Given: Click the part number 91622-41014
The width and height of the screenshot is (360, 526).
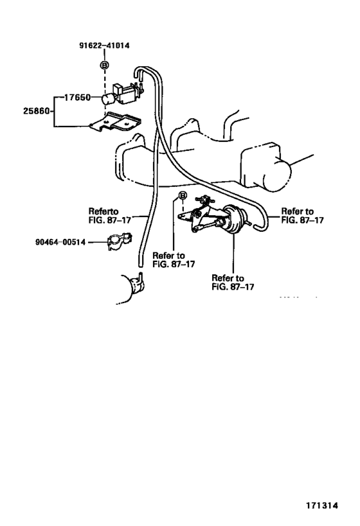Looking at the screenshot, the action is tap(104, 46).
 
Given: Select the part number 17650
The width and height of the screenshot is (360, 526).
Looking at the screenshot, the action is tap(77, 97).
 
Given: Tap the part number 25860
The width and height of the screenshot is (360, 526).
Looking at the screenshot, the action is tap(37, 110).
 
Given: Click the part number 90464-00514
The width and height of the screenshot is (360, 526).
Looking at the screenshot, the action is tap(60, 242).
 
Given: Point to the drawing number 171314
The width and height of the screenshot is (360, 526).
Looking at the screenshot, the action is tap(321, 505).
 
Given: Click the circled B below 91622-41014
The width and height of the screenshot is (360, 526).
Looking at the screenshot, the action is tap(105, 65).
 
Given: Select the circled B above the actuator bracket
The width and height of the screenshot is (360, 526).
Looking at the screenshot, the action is tap(182, 195).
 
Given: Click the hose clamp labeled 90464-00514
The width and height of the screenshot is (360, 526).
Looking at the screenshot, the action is tap(119, 241).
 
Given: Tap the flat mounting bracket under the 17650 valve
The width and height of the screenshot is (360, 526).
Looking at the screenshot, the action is tap(116, 123).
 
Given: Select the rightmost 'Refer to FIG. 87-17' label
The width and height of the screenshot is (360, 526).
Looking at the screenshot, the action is tap(302, 216).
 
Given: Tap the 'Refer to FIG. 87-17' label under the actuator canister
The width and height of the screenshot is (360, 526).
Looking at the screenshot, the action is tap(233, 283).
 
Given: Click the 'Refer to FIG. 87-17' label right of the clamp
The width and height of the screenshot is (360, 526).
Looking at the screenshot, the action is tap(174, 259).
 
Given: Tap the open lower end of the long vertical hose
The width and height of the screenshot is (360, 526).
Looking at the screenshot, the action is tap(139, 265).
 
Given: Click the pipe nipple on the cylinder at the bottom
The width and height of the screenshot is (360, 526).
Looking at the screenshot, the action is tap(140, 277).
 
